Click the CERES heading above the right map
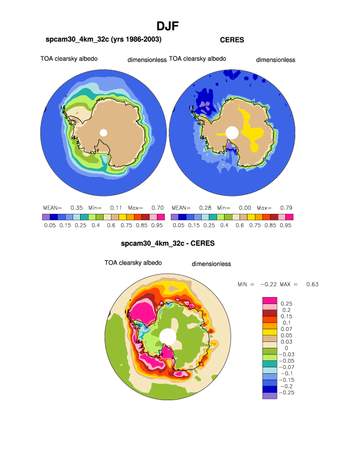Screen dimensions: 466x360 pos(232,40)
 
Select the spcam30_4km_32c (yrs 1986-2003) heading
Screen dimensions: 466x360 pos(103,39)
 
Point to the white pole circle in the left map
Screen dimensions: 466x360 pos(104,132)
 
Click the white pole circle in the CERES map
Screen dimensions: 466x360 pos(232,132)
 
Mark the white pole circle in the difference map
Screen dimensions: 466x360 pos(168,336)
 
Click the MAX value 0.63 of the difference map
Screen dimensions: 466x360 pos(312,284)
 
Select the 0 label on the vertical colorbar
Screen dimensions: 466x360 pos(286,348)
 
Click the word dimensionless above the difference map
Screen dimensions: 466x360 pos(211,264)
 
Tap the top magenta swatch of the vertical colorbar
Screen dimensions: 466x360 pos(269,300)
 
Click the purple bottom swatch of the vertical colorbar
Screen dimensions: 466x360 pos(269,396)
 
